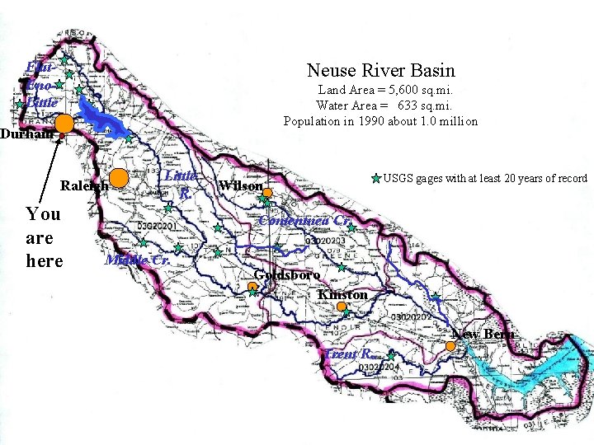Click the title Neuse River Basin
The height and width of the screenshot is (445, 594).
(x=380, y=72)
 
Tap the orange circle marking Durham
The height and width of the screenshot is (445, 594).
(x=65, y=124)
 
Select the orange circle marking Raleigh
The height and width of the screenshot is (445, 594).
(x=120, y=177)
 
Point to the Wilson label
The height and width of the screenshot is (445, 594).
(x=241, y=186)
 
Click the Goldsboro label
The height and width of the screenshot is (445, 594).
(x=287, y=275)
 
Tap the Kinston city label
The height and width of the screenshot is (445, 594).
(x=342, y=294)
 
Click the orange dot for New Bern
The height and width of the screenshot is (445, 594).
(x=450, y=346)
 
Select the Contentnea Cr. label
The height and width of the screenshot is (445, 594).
(x=305, y=221)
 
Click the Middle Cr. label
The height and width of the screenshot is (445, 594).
(x=137, y=260)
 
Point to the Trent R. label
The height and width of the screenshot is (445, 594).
(x=352, y=354)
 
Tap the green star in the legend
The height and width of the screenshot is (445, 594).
(x=376, y=178)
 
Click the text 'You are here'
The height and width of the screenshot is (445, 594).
(x=44, y=237)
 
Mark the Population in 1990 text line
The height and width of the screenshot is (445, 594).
(x=380, y=121)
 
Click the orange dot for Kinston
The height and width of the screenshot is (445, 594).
(x=342, y=307)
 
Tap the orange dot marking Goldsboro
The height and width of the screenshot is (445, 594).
(x=252, y=287)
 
